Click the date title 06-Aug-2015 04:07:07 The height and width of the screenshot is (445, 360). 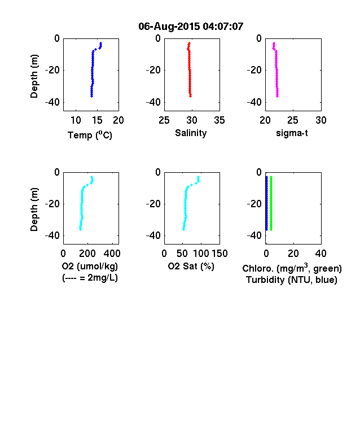coord(191,27)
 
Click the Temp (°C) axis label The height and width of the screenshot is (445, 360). coord(90,135)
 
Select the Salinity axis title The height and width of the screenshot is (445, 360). coord(191,133)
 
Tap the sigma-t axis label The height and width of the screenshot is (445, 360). coord(292,133)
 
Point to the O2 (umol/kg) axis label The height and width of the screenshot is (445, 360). coord(90,266)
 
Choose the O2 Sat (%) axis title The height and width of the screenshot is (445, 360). coord(191,266)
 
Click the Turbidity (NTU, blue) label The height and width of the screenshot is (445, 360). coord(292,280)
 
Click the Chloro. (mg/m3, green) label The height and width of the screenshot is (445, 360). coord(292,268)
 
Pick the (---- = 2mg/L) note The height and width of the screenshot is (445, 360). coord(90,277)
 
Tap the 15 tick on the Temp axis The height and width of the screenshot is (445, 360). coord(97,120)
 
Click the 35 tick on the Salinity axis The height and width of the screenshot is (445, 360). coord(219,120)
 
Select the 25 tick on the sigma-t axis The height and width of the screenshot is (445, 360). coord(292,120)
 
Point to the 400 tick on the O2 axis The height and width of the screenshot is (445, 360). coord(112,254)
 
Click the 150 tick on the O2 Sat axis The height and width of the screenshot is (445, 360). coord(219,254)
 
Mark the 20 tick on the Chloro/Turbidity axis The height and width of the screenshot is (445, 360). coord(293,254)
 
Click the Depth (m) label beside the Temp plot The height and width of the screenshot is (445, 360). coord(34,76)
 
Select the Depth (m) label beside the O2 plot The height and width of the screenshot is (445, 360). coord(34,210)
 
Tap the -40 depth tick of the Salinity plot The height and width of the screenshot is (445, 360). coord(153,102)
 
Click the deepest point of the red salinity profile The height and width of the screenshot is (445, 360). coord(191,96)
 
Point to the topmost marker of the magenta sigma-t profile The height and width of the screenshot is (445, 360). coord(274,43)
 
